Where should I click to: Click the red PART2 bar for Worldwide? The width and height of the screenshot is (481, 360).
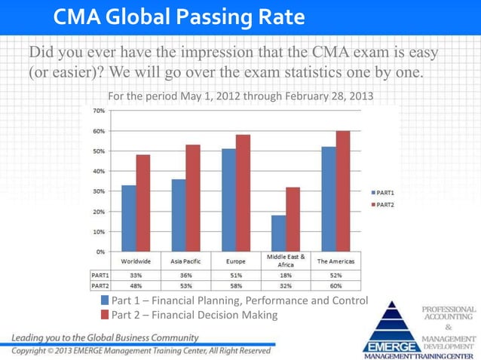point(143,203)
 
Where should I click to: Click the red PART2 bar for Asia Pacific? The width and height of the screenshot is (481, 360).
point(192,197)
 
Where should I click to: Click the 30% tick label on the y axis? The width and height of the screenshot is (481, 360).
point(99,191)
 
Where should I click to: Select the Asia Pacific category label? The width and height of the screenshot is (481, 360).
point(185,261)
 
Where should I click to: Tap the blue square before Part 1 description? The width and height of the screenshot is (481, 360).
point(106,301)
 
